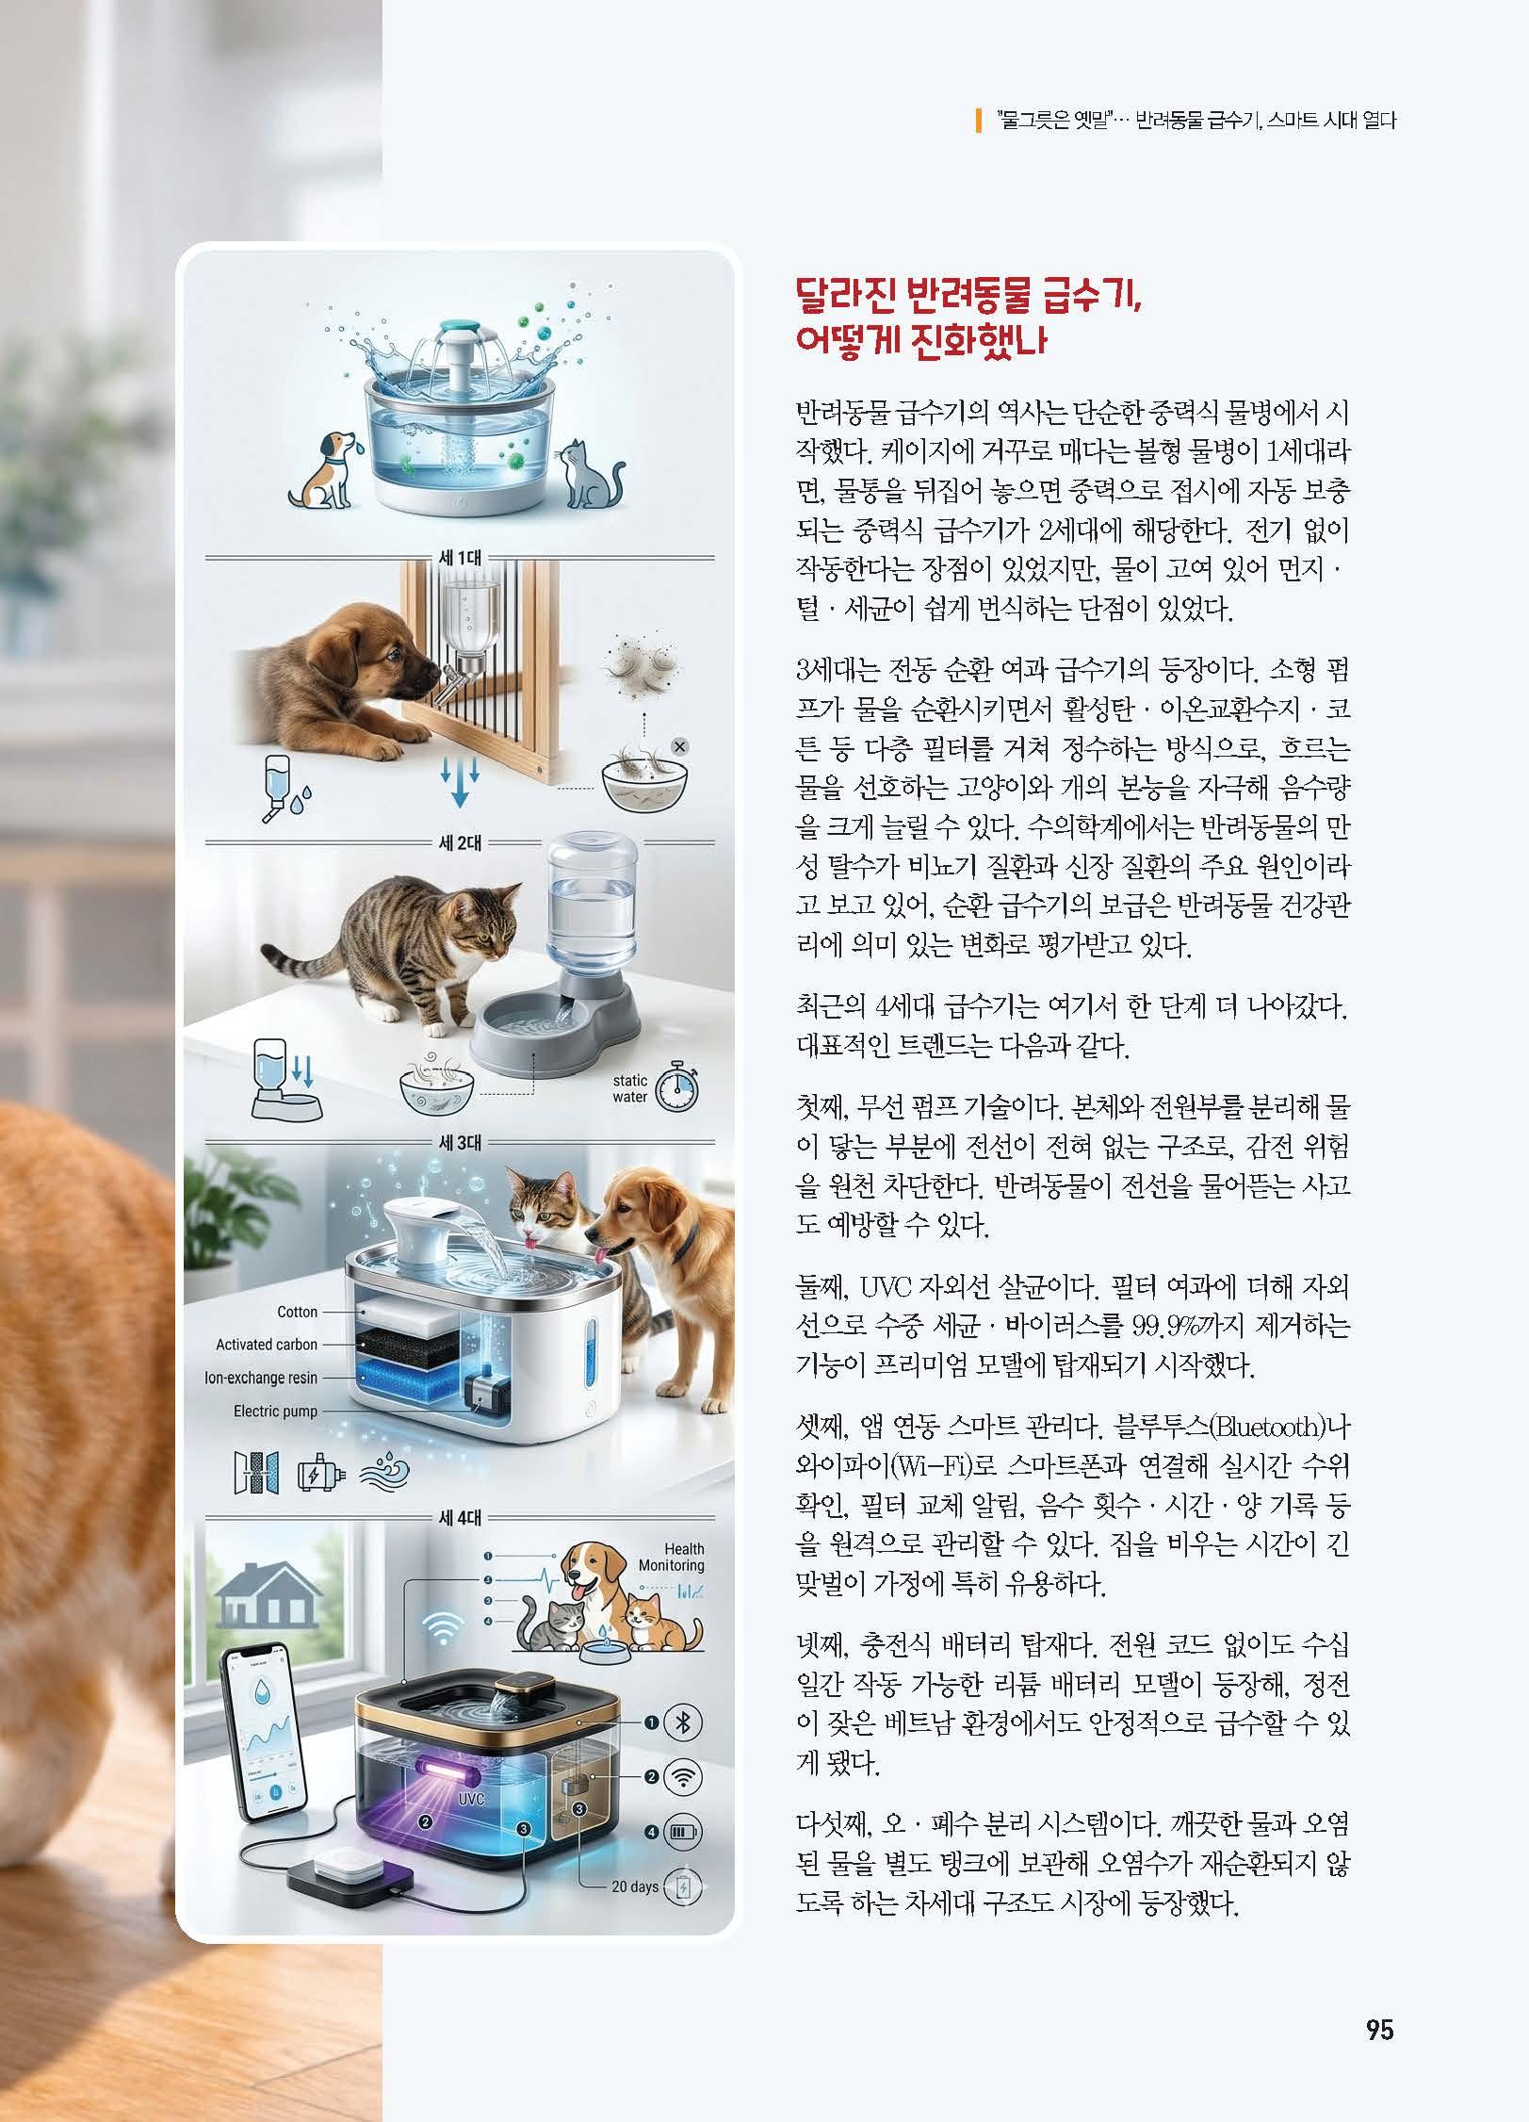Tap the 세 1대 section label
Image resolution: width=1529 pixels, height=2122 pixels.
(x=461, y=558)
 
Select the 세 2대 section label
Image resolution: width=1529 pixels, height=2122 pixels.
(x=461, y=842)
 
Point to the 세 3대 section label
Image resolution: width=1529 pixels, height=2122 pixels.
(x=461, y=1143)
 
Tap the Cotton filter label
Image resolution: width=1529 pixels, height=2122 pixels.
(x=298, y=1312)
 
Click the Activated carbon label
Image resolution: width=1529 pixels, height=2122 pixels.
(x=267, y=1345)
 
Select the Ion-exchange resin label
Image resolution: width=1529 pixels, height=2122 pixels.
(x=261, y=1378)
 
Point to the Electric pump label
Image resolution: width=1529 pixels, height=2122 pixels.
(x=276, y=1411)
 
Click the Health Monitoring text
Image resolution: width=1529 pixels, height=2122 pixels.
(x=672, y=1557)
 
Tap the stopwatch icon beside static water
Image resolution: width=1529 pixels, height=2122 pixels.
(x=677, y=1087)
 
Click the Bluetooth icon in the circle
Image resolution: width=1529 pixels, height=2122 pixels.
(x=684, y=1723)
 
